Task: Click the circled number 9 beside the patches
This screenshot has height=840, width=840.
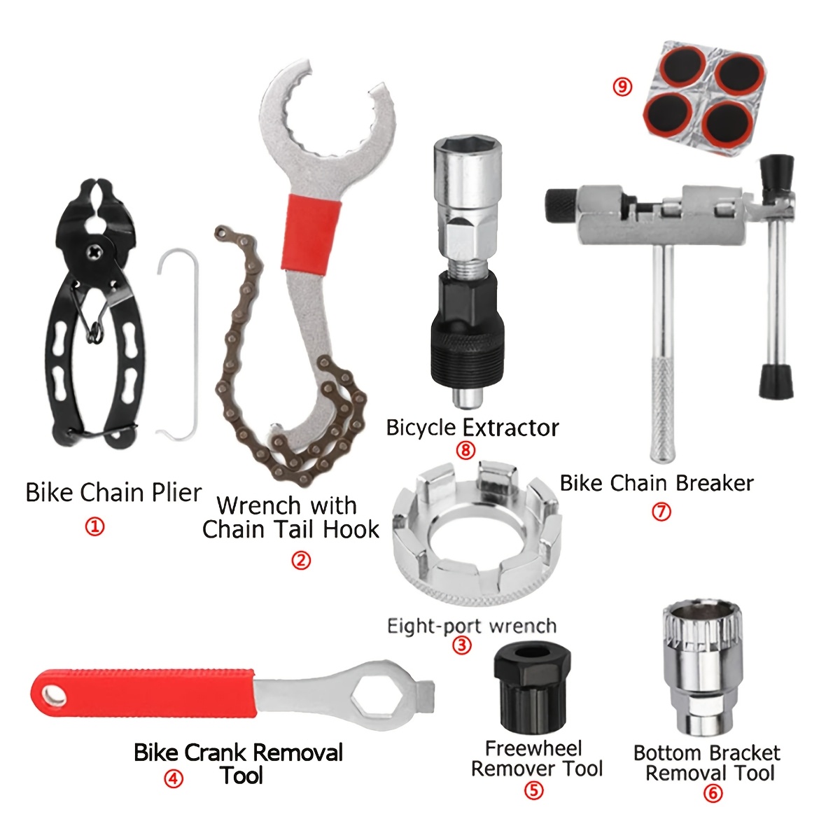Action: pos(622,86)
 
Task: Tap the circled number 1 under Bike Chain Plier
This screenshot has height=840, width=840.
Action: pos(94,526)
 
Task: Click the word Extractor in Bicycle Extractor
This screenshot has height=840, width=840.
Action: pos(510,428)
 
